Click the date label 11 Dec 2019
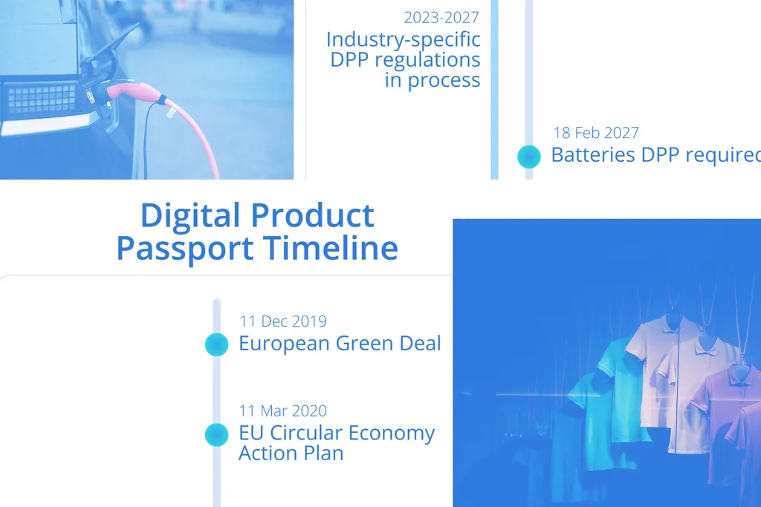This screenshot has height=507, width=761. (x=282, y=321)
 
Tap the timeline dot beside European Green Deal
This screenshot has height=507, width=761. (x=216, y=344)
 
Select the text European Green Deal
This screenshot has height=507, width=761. (x=340, y=344)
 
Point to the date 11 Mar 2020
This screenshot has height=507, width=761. (x=282, y=410)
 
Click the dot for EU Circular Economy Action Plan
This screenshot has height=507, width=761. (x=216, y=435)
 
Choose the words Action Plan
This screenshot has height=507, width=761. (x=291, y=453)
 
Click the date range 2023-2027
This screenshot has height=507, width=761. (x=441, y=17)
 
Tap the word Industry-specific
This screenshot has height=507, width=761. (x=403, y=39)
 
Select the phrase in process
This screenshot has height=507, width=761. (x=432, y=80)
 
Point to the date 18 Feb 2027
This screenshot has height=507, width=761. (x=596, y=133)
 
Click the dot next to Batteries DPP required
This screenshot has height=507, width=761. (x=528, y=156)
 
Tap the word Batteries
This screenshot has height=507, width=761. (x=592, y=155)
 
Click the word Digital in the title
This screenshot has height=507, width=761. (x=191, y=216)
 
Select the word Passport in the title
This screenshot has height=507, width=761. (x=175, y=248)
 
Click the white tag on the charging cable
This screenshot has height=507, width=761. (x=170, y=112)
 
